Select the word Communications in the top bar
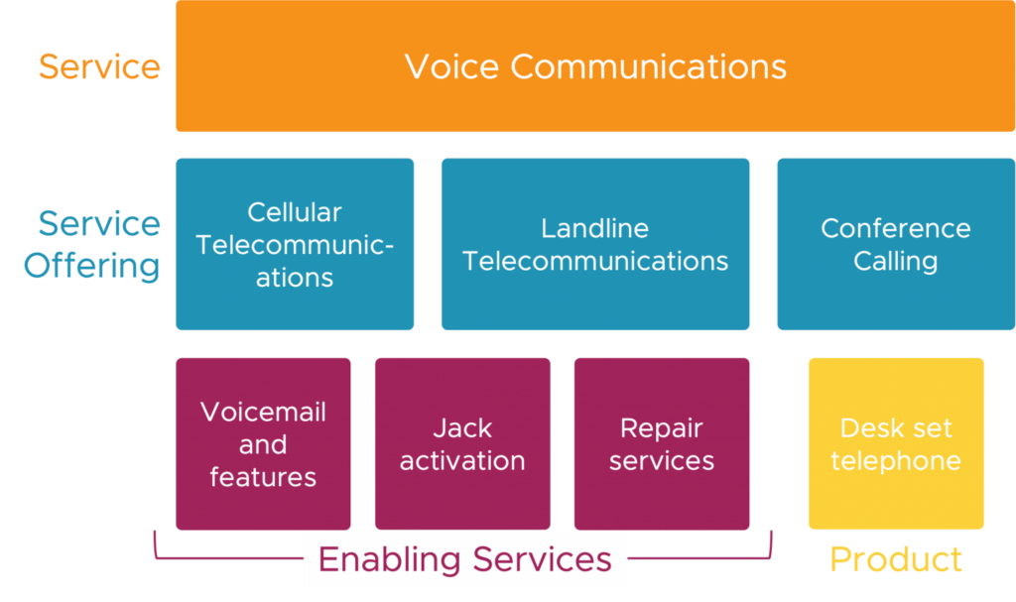(648, 67)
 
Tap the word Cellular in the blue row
(295, 213)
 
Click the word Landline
(594, 229)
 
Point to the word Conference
(895, 229)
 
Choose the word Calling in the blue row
(895, 262)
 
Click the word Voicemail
(263, 413)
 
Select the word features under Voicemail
(263, 477)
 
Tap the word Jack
(462, 428)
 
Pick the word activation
(462, 461)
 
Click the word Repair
(661, 428)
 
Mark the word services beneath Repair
(661, 461)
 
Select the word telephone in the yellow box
(896, 461)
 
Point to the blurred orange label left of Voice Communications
(102, 68)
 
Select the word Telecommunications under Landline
(595, 262)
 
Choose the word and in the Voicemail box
(263, 445)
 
